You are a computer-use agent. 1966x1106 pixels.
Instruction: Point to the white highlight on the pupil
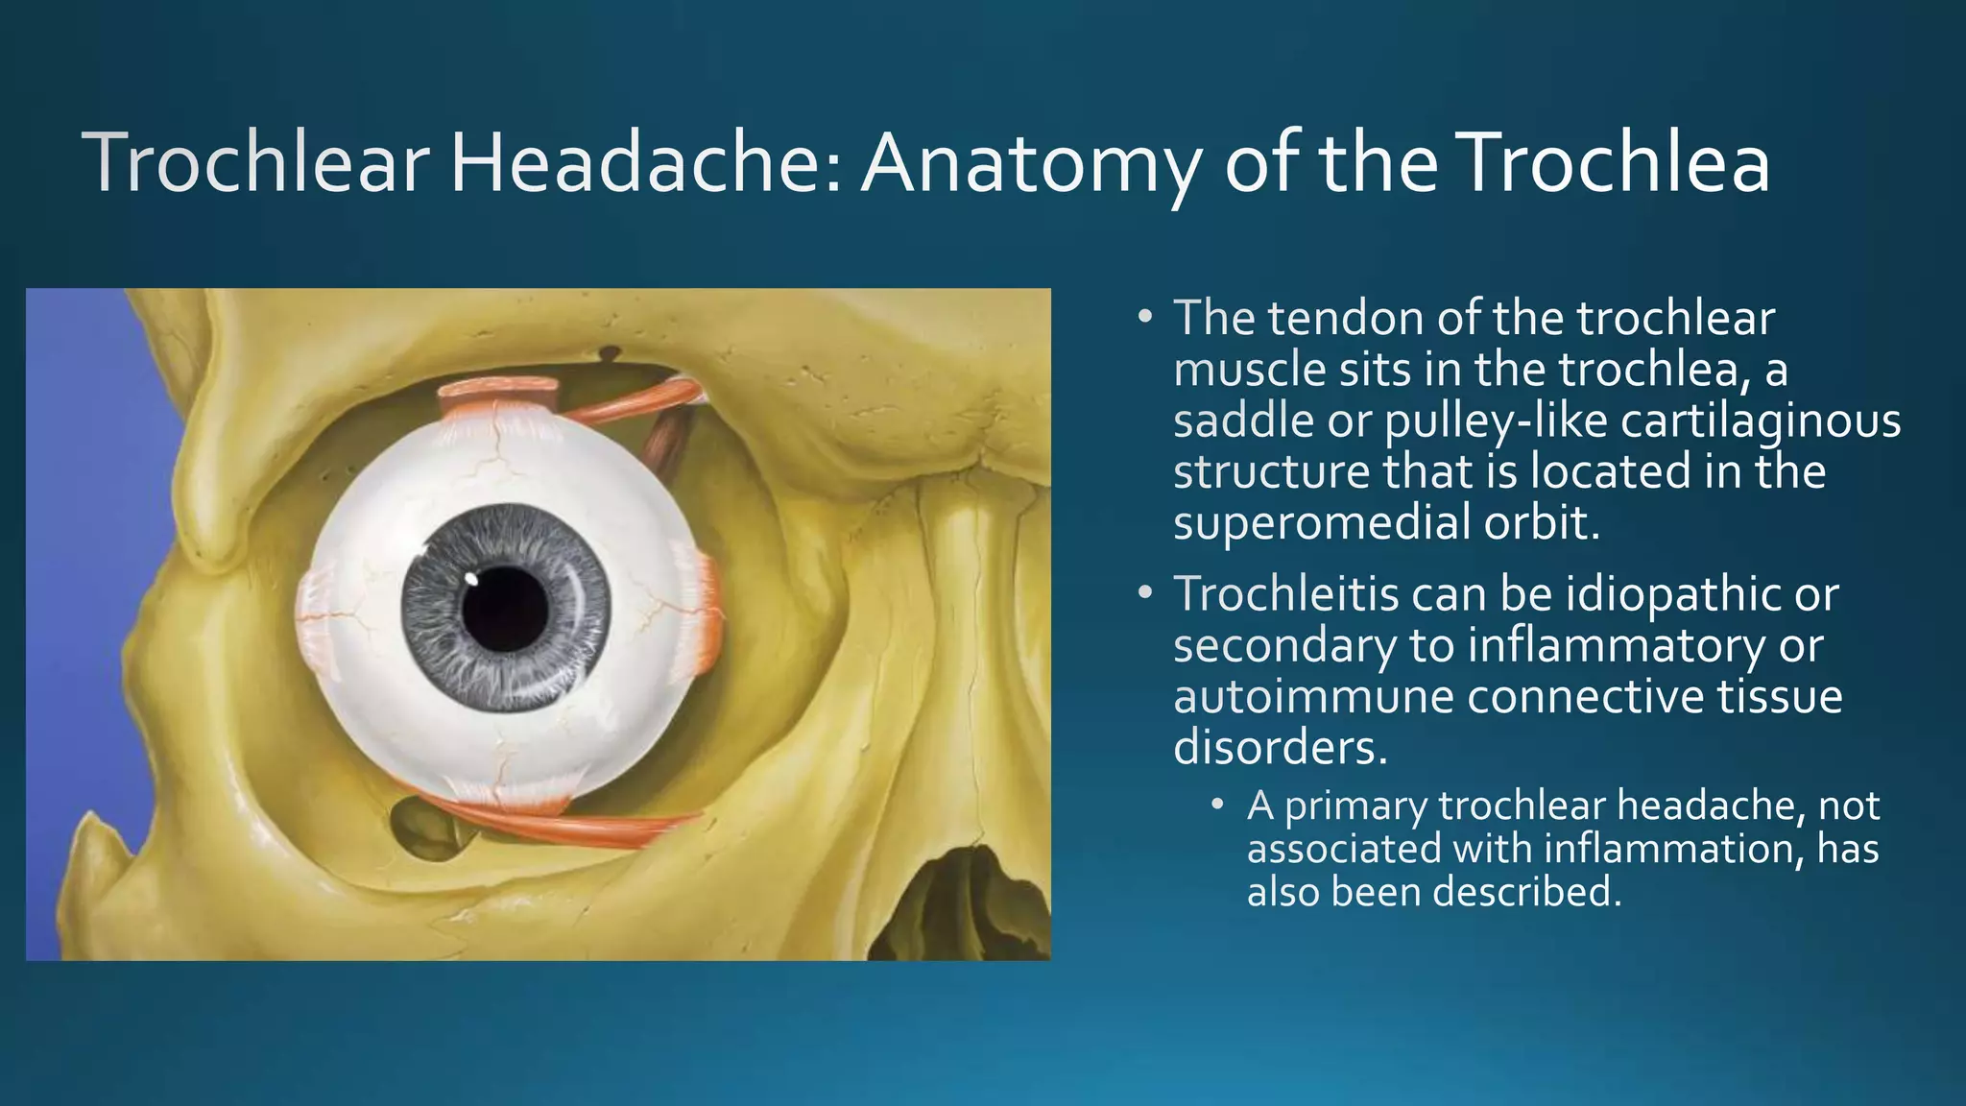471,579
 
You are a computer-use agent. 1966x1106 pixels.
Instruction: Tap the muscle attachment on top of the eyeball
499,393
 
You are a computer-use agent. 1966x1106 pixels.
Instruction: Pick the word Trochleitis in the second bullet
1286,594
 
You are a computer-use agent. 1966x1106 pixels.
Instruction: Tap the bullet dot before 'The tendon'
1144,316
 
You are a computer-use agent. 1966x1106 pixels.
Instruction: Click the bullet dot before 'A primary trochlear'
1217,804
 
